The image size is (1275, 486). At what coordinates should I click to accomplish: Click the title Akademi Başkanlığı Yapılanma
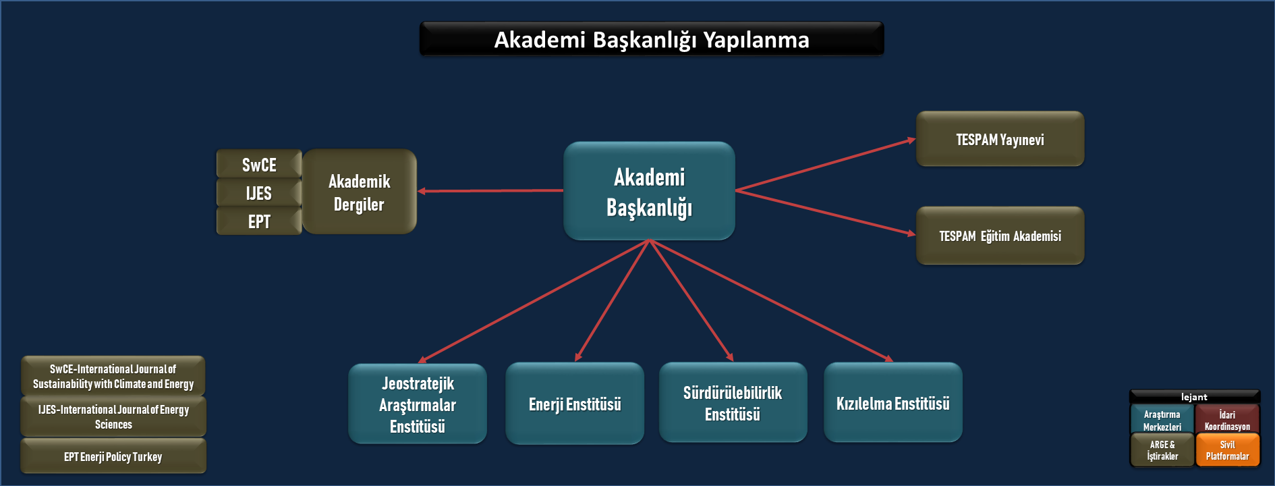652,40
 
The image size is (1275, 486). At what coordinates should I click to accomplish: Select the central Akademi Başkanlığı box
649,192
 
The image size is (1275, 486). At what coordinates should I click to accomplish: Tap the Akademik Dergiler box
360,192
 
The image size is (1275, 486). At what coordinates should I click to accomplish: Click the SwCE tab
259,165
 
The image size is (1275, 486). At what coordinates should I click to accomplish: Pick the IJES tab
259,193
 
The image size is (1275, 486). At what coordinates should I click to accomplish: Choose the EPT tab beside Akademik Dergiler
259,221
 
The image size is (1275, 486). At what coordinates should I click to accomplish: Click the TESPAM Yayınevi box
1000,140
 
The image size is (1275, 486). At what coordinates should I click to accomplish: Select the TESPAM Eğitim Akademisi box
1000,236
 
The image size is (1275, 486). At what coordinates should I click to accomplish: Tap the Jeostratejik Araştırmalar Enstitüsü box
418,404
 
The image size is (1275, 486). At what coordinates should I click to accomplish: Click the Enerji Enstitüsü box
575,404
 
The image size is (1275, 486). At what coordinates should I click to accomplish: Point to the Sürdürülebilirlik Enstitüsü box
733,403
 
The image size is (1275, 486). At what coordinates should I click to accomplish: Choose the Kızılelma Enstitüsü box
893,403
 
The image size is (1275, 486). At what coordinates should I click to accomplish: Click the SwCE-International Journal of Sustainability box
113,376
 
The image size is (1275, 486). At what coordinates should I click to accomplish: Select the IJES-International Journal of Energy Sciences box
113,416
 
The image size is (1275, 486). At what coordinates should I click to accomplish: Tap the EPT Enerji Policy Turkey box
113,456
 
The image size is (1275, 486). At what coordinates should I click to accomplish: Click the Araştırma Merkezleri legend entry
1162,420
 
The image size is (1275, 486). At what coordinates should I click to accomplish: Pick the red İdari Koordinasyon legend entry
1227,420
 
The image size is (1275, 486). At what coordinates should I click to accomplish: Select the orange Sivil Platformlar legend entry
1227,450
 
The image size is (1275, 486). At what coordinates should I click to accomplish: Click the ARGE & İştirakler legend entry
1162,450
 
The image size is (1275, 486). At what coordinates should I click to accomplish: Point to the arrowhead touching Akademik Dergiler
422,192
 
